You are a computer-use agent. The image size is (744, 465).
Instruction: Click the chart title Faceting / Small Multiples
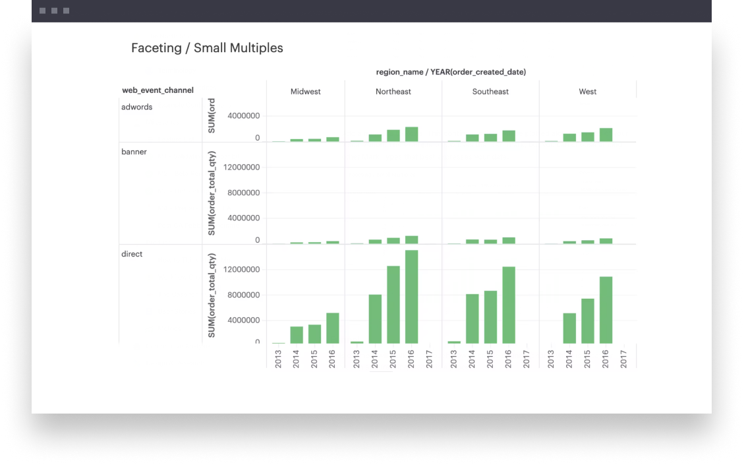point(207,48)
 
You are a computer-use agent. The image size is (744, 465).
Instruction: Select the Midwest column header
point(306,92)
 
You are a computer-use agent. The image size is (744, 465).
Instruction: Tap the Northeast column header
point(393,92)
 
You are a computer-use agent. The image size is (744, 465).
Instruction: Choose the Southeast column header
point(490,92)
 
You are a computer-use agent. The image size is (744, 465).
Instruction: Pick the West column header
point(588,92)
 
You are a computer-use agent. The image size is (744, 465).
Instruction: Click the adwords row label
point(137,107)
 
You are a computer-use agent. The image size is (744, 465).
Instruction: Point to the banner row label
point(134,152)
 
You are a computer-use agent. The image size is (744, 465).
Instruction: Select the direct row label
point(132,254)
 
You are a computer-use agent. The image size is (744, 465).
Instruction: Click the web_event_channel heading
point(158,90)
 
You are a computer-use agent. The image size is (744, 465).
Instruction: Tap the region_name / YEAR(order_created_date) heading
point(451,72)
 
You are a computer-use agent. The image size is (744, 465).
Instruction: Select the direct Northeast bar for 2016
point(411,297)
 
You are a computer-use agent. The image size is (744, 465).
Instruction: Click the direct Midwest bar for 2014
point(297,334)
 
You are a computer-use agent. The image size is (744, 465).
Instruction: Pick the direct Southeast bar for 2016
point(509,305)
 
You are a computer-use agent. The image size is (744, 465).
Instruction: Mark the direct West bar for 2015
point(588,321)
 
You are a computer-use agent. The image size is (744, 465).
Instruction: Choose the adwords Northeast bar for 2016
point(411,134)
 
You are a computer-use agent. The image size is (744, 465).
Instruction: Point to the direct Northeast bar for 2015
point(393,304)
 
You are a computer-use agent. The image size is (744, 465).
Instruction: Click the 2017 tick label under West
point(623,359)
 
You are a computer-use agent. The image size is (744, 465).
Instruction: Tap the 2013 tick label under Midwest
point(278,359)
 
